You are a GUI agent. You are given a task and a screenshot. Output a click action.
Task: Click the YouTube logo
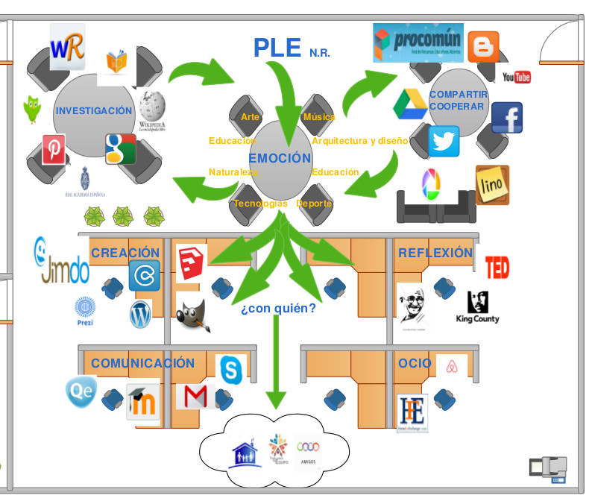tap(516, 77)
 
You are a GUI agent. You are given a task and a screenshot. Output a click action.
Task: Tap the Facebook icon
tap(507, 118)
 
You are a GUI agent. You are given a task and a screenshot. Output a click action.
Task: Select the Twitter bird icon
tap(444, 142)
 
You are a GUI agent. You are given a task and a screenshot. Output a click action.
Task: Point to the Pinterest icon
tap(54, 149)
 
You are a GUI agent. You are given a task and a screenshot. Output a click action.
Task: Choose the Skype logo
tap(231, 370)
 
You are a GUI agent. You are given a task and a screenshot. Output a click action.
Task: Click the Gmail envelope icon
tap(195, 397)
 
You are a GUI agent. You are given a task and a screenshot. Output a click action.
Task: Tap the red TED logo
tap(497, 267)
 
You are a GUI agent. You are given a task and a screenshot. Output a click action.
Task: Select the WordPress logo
tap(140, 314)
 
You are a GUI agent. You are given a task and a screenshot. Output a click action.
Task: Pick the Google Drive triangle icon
tap(409, 104)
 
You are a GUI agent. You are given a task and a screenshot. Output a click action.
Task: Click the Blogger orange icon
tap(484, 47)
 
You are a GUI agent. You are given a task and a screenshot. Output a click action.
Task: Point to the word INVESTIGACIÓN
tap(93, 110)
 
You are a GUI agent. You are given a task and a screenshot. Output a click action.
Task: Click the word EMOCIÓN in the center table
tap(280, 158)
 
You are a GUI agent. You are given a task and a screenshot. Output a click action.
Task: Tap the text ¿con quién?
tap(278, 307)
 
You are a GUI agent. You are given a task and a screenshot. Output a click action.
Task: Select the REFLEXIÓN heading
tap(435, 253)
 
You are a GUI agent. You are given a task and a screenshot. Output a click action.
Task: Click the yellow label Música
tap(319, 117)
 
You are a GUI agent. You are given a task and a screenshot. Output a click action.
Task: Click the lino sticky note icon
tap(492, 184)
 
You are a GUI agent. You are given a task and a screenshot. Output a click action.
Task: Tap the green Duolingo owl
tap(31, 109)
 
